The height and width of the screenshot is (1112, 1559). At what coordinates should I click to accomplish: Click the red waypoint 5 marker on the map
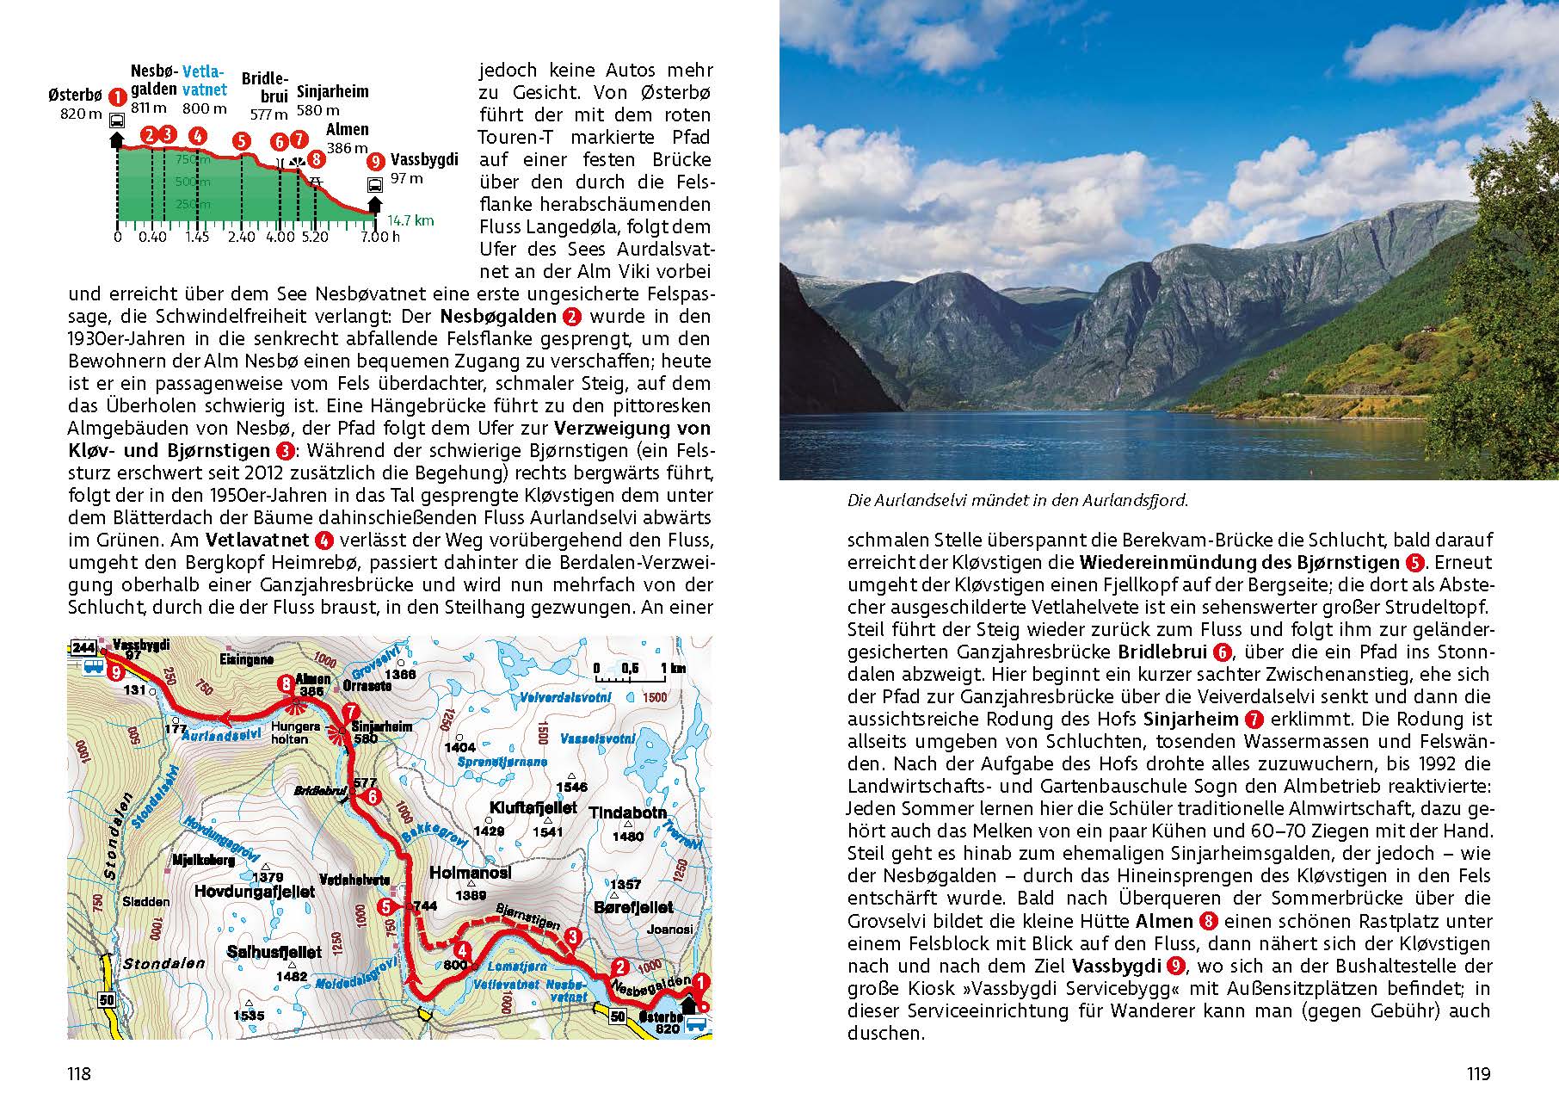click(x=386, y=906)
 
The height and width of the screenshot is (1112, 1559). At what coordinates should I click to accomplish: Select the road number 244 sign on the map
click(x=83, y=647)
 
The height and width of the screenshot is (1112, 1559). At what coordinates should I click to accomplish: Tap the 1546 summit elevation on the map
click(x=571, y=787)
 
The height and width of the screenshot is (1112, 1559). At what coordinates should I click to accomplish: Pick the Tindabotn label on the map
click(x=627, y=812)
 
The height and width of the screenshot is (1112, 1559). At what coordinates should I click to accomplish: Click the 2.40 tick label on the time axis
click(x=242, y=237)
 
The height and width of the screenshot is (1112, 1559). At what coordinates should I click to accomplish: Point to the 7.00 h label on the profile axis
click(x=379, y=237)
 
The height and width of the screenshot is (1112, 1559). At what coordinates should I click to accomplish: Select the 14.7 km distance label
click(x=410, y=220)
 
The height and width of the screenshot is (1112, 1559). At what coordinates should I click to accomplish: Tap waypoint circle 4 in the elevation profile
click(x=198, y=135)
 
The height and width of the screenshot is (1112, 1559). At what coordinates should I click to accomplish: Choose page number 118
click(x=79, y=1073)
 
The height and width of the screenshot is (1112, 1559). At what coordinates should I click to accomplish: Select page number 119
click(x=1478, y=1073)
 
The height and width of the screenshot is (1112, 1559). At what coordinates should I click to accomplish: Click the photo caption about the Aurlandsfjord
click(x=1017, y=500)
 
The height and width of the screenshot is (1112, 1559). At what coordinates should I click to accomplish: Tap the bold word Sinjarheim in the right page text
click(x=1190, y=719)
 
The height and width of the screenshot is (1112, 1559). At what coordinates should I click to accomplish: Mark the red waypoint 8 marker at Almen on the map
click(x=287, y=684)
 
